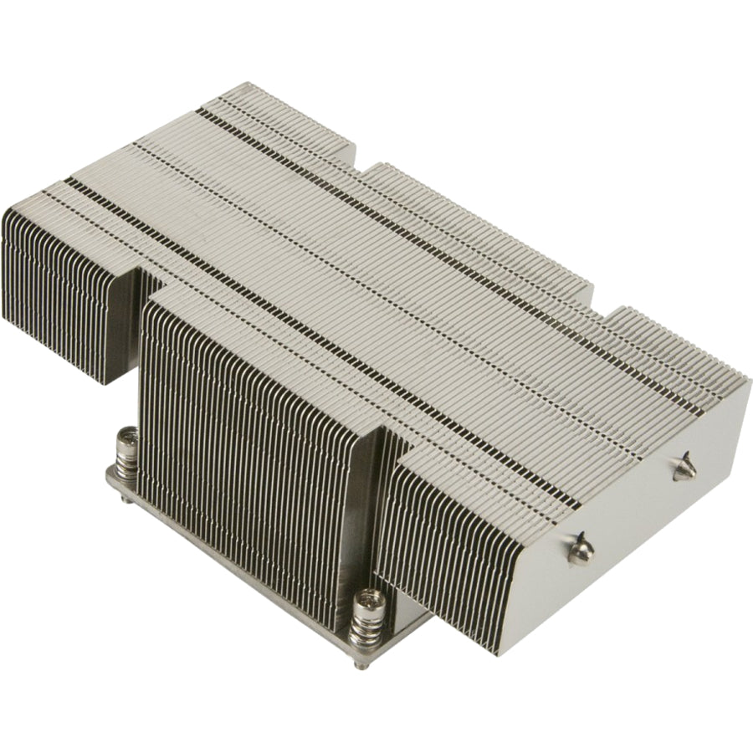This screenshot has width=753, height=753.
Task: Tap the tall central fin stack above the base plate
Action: pyautogui.click(x=251, y=435)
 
